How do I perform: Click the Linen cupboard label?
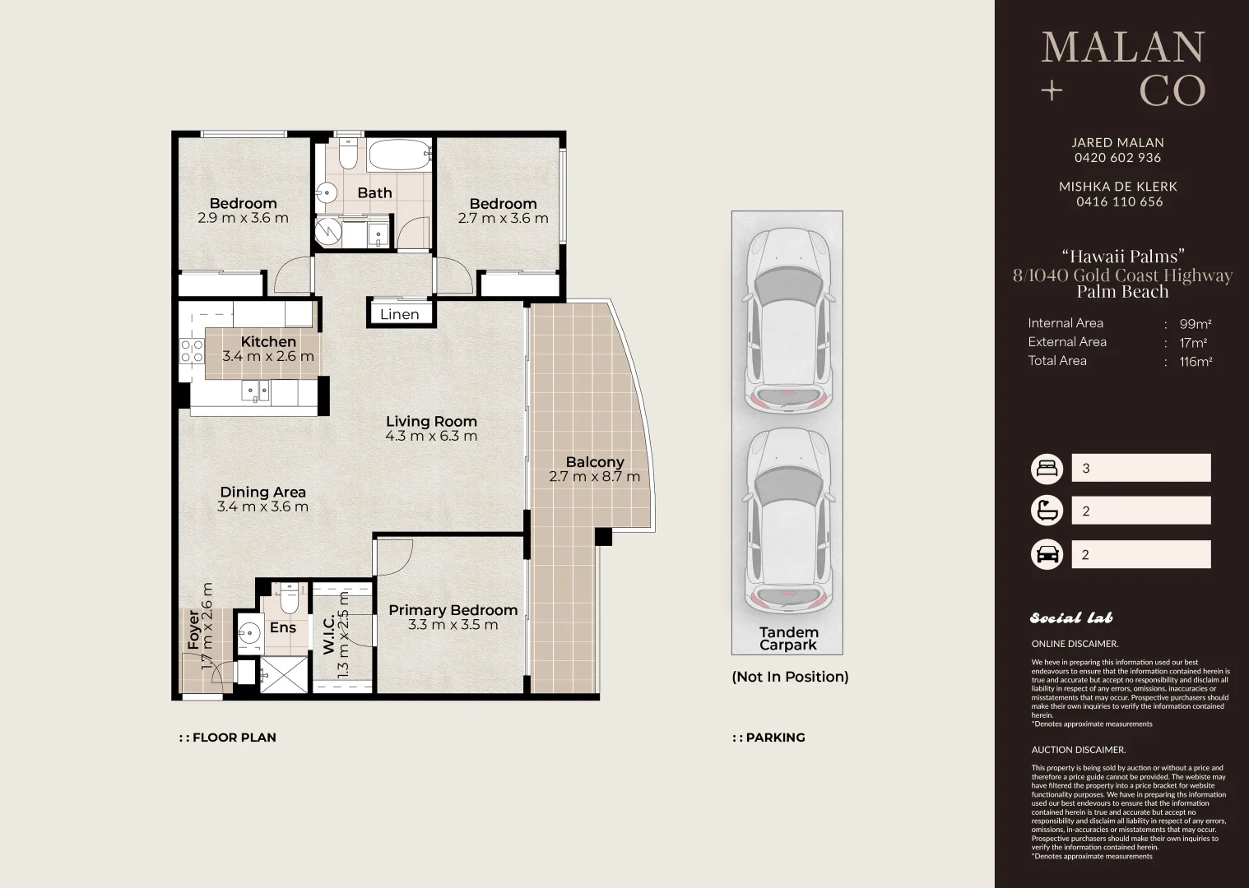(399, 314)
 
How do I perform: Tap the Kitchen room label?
(268, 341)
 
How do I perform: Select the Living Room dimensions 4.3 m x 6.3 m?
(431, 436)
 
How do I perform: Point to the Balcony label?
(595, 462)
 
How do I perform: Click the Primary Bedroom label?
(453, 610)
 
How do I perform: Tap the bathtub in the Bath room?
(399, 156)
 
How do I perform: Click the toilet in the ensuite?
(289, 597)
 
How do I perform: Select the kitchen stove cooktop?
(191, 352)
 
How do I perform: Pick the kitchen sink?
(256, 391)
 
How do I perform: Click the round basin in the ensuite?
(250, 633)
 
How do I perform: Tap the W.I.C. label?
(328, 634)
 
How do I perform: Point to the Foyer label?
(193, 630)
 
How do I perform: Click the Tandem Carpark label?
(788, 638)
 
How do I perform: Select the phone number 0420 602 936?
(1118, 158)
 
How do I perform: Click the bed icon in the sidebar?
(1047, 469)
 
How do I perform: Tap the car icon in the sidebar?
(1047, 554)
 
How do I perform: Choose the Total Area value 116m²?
(1196, 361)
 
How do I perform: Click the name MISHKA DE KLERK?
(1118, 186)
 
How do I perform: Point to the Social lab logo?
(1071, 617)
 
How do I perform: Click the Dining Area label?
(262, 492)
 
